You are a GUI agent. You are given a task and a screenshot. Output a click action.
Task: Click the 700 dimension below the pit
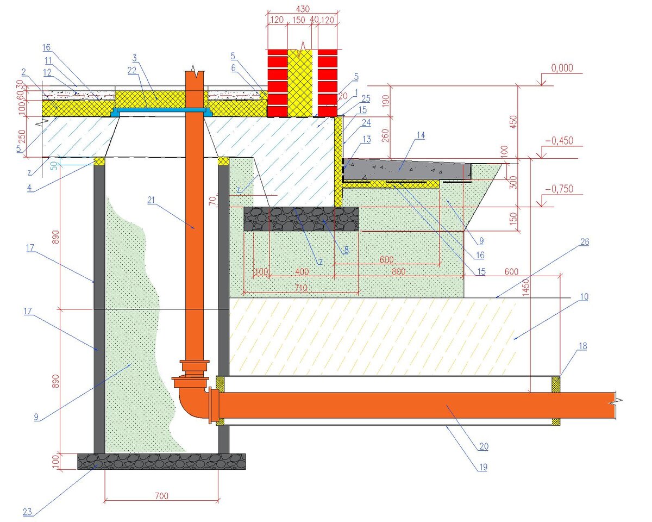(x=161, y=496)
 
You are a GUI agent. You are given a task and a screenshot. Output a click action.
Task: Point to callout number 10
(x=584, y=297)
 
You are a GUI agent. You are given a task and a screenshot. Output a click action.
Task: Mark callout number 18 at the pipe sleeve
(x=583, y=346)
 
